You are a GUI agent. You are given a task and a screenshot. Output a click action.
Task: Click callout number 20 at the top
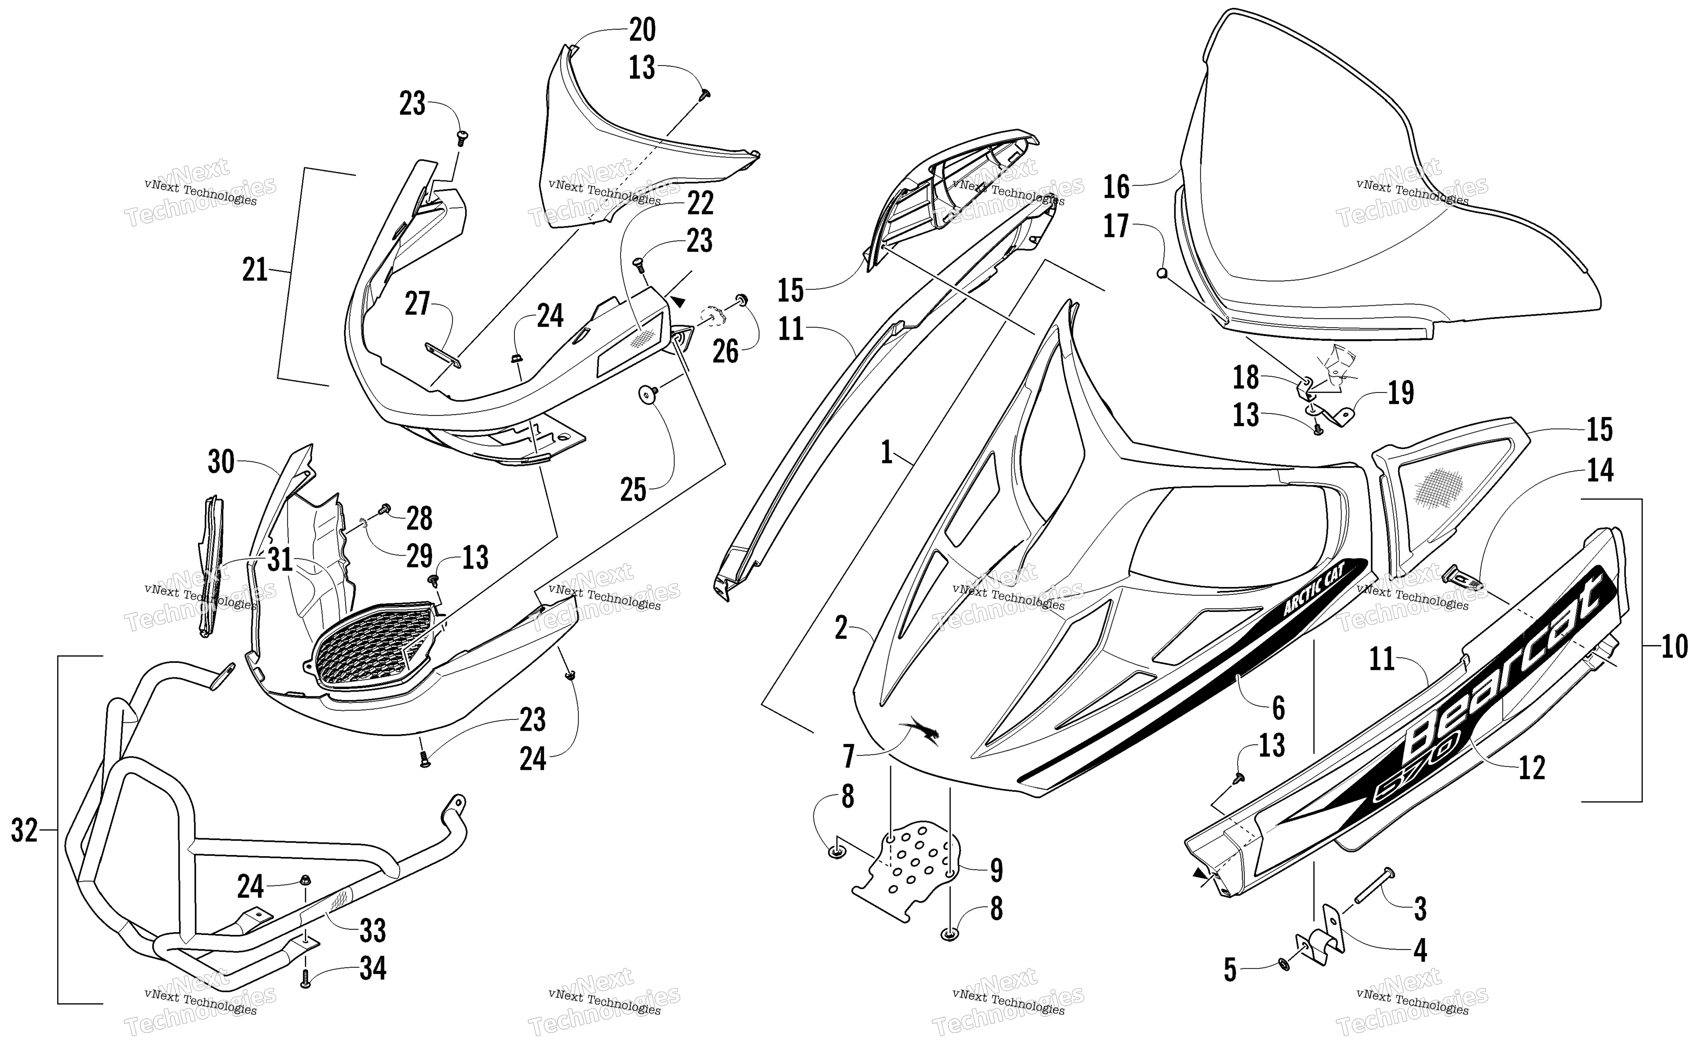(642, 30)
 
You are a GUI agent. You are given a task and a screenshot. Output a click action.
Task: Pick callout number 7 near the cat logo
(849, 757)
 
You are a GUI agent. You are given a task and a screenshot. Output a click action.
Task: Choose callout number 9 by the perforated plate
(996, 871)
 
